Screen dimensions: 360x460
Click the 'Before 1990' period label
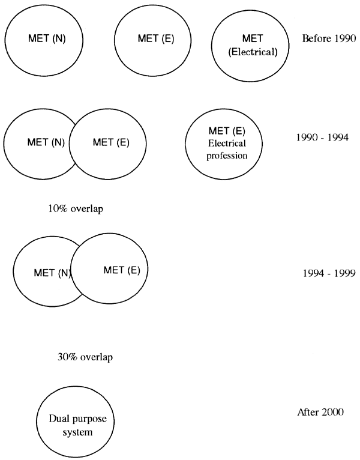tap(329, 38)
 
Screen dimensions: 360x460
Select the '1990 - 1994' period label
tap(322, 138)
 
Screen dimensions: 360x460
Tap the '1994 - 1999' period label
tap(329, 273)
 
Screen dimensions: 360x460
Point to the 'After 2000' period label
tap(320, 412)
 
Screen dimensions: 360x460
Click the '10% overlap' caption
tap(76, 208)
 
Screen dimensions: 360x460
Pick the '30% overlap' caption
tap(85, 357)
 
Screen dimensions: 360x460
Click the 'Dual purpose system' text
tap(77, 425)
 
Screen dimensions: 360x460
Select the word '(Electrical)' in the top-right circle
tap(253, 52)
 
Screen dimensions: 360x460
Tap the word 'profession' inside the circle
tap(227, 156)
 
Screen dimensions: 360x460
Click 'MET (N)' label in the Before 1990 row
tap(47, 38)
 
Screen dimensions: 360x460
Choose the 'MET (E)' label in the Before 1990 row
tap(156, 38)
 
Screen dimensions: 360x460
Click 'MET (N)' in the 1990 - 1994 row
tap(46, 142)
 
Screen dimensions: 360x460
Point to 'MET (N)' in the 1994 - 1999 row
tap(52, 273)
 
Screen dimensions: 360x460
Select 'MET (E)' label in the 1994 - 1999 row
tap(122, 270)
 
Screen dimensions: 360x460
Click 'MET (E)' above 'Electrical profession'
tap(227, 130)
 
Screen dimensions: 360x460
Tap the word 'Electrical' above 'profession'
tap(227, 143)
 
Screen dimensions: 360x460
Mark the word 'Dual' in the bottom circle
tap(58, 419)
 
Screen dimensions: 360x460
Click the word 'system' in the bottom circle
tap(77, 432)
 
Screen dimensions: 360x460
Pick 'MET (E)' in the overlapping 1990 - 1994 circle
tap(111, 142)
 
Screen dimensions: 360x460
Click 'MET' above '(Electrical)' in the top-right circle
tap(253, 38)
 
